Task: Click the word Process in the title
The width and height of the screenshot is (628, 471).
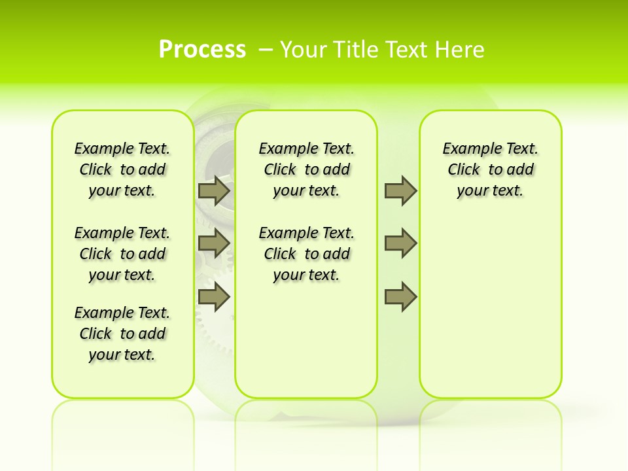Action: tap(202, 49)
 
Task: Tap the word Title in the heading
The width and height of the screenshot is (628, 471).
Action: tap(356, 49)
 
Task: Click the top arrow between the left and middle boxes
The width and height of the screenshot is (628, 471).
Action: tap(214, 191)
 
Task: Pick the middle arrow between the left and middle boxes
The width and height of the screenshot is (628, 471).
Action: tap(214, 243)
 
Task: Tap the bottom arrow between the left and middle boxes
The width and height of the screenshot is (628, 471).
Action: tap(214, 298)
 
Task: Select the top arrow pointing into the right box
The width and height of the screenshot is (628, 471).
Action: tap(400, 191)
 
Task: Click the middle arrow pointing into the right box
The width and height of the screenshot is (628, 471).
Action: tap(400, 243)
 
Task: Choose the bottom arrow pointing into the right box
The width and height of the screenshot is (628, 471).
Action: tap(400, 298)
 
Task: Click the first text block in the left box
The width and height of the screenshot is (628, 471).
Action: tap(122, 169)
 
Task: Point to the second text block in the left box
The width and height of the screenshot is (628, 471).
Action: tap(122, 254)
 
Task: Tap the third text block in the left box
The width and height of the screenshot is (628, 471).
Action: tap(122, 334)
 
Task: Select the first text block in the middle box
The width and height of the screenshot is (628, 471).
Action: tap(306, 169)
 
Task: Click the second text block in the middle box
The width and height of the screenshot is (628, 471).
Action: tap(306, 254)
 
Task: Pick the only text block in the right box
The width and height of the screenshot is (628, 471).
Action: tap(490, 169)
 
